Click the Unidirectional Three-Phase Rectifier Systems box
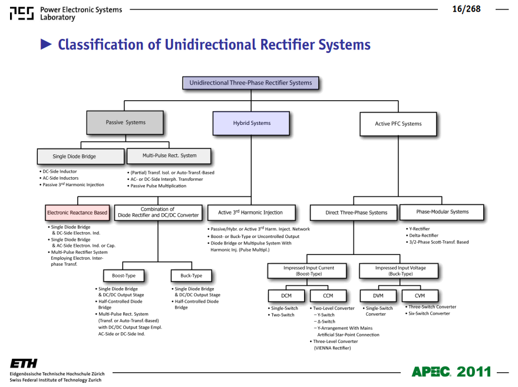(250, 83)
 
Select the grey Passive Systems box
(125, 123)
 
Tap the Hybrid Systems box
(252, 123)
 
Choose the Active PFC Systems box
(398, 124)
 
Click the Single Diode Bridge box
(81, 157)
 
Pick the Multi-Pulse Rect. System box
(169, 156)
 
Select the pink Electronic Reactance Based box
(77, 213)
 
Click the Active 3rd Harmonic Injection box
(252, 213)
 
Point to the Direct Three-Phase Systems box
(354, 213)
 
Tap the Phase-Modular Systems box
(442, 212)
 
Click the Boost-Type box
(124, 276)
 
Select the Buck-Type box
(192, 276)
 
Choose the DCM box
(286, 296)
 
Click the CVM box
(420, 296)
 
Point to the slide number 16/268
(466, 9)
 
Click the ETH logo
(24, 363)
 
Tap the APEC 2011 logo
(451, 372)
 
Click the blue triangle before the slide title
(46, 44)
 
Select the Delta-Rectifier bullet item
(422, 236)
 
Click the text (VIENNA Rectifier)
(332, 348)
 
